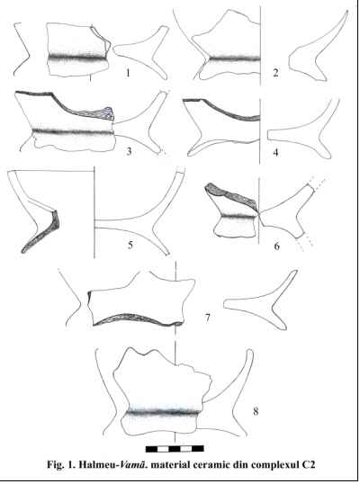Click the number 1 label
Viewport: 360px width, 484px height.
click(128, 73)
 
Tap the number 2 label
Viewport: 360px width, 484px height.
click(275, 72)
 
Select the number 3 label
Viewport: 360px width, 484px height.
click(129, 151)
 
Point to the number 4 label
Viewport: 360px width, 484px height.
click(275, 152)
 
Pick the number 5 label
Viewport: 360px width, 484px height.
click(130, 245)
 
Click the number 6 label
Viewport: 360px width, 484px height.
click(276, 246)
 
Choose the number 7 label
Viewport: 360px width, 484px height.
click(208, 317)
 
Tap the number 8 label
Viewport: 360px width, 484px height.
click(256, 411)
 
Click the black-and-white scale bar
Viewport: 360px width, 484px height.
click(175, 449)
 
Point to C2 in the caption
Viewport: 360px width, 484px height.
click(308, 464)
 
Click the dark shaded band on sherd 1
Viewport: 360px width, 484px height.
click(77, 57)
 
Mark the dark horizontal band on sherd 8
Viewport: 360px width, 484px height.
click(163, 412)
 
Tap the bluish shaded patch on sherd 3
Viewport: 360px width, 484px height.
click(108, 112)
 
